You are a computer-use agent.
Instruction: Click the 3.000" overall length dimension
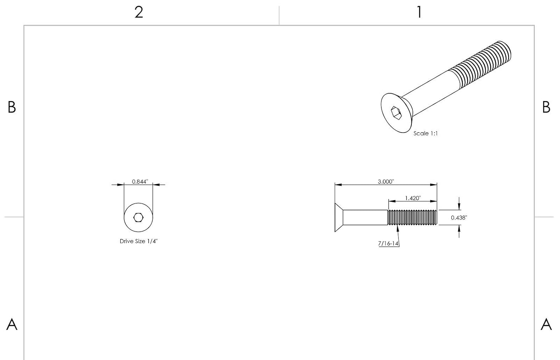tap(386, 181)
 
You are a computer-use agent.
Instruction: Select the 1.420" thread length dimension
tap(413, 198)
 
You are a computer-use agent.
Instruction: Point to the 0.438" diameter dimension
tap(459, 218)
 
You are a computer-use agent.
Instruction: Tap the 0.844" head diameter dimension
tap(140, 181)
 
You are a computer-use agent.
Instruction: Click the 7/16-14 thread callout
tap(388, 243)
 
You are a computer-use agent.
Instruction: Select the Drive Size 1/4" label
tap(139, 241)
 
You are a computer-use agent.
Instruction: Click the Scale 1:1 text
tap(426, 133)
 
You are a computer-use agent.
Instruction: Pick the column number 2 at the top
tap(139, 12)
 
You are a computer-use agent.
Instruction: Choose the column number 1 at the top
tap(419, 12)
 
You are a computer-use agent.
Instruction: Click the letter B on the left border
tap(12, 107)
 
